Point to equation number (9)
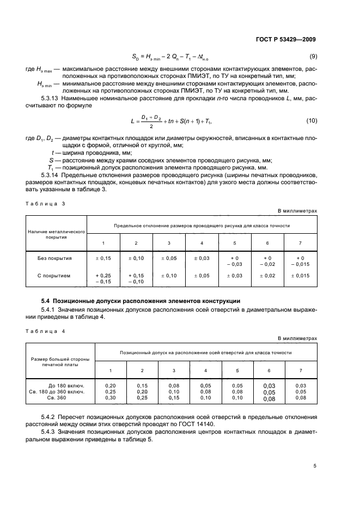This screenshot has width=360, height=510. click(x=313, y=57)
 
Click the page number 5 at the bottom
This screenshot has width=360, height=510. click(x=315, y=465)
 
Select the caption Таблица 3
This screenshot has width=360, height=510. click(x=45, y=203)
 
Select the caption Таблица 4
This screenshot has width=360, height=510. click(x=45, y=331)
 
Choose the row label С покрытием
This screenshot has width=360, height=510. click(x=54, y=276)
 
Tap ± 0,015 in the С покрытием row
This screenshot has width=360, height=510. click(x=300, y=276)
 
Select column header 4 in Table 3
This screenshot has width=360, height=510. click(x=202, y=242)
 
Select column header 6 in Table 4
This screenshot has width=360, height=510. click(x=269, y=371)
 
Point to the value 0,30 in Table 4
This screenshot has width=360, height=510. click(x=111, y=398)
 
